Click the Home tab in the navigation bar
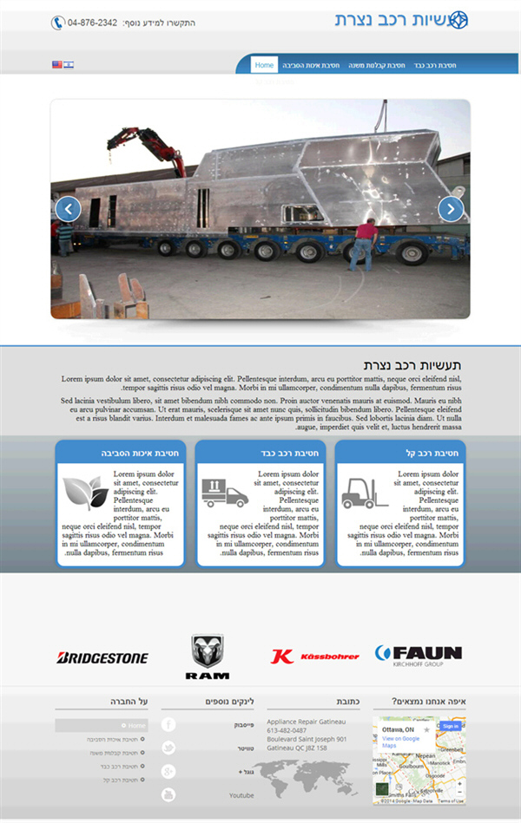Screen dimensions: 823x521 pos(265,65)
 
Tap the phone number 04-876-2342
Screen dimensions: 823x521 pos(92,23)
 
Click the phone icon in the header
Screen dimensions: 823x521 pos(58,23)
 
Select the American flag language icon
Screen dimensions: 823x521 pos(57,65)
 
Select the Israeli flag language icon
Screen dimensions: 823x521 pos(69,65)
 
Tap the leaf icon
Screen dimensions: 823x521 pos(85,493)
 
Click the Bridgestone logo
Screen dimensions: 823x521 pos(102,658)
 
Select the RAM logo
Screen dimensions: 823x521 pos(207,656)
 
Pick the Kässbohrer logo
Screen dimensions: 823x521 pos(314,656)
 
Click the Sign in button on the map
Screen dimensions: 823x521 pos(450,726)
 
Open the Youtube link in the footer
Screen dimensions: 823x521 pos(241,795)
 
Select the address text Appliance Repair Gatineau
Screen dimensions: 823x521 pos(306,722)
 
